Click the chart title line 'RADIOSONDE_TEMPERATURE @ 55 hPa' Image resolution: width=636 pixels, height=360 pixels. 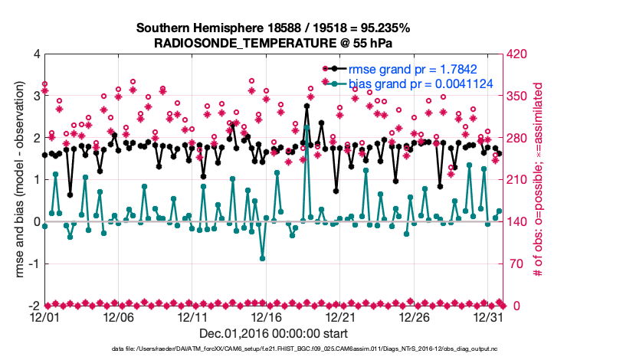[x=274, y=43]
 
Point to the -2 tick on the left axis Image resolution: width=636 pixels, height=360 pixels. [x=33, y=306]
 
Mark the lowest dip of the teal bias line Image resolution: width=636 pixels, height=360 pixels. [x=263, y=258]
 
